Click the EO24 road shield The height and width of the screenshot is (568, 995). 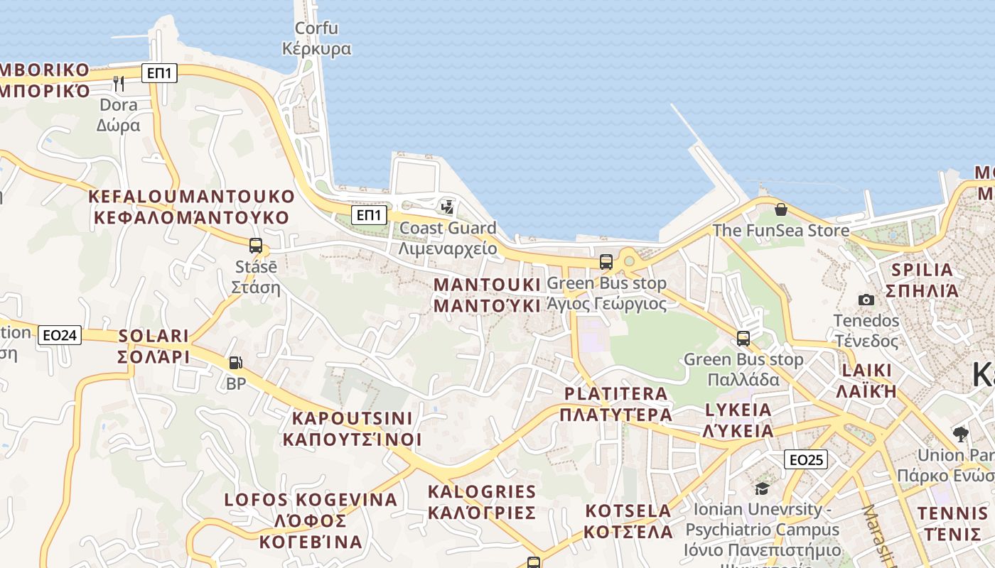click(x=60, y=335)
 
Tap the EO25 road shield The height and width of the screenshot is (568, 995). click(x=807, y=459)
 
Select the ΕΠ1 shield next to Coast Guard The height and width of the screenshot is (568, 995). click(x=369, y=215)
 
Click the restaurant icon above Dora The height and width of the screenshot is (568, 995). click(x=119, y=83)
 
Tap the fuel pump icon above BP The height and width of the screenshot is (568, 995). click(x=235, y=363)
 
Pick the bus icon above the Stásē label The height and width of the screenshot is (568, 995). click(x=256, y=246)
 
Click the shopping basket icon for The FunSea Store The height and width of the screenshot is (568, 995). click(x=780, y=209)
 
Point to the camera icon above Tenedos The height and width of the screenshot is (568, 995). click(x=866, y=300)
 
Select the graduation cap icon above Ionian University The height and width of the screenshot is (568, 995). click(x=762, y=488)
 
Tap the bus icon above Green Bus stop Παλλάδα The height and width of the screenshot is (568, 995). click(x=743, y=338)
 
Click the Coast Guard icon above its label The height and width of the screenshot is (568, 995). click(x=447, y=207)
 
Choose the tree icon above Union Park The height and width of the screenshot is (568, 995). click(x=960, y=434)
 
